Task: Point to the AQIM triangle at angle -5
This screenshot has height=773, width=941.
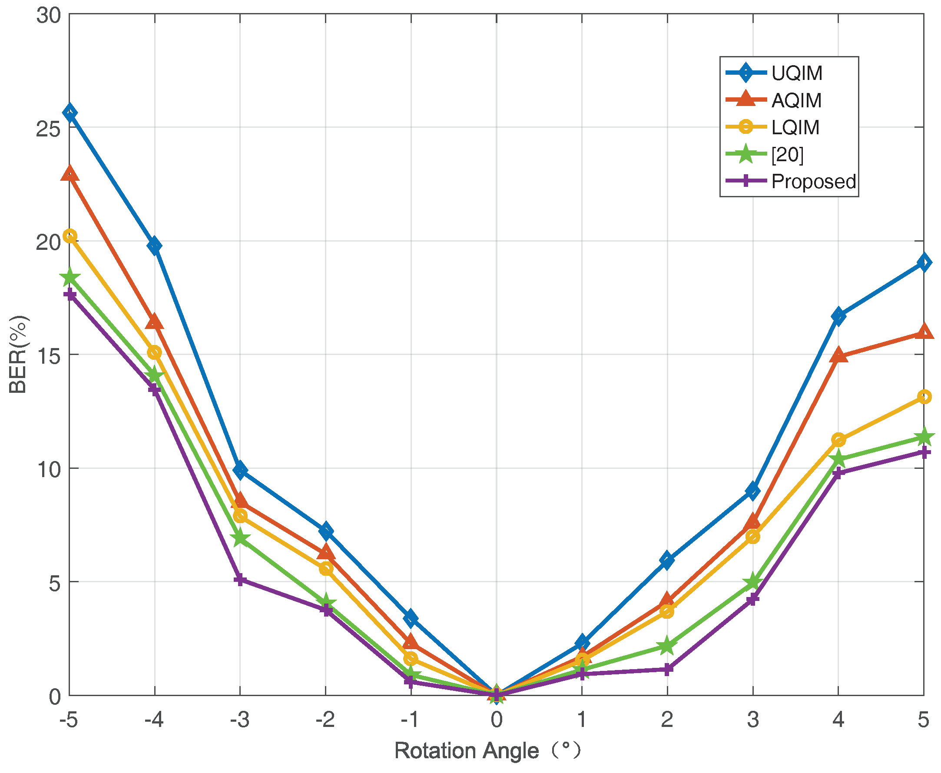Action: [x=70, y=174]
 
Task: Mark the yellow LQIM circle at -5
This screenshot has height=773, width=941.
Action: [x=70, y=236]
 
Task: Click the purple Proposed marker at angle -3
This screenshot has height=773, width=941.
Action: [x=240, y=579]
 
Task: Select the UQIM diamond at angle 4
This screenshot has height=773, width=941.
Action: [x=838, y=316]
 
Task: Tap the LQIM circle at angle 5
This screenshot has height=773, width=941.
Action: [x=924, y=396]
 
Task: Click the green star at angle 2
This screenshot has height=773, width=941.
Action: [x=667, y=646]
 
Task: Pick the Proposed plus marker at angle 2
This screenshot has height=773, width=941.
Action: [x=667, y=669]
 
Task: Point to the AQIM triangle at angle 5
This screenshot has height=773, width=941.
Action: [x=924, y=332]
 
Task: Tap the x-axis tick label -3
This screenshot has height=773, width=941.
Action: [x=239, y=719]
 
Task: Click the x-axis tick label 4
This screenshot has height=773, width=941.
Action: [x=838, y=719]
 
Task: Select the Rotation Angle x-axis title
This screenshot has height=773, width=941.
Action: [x=487, y=751]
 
